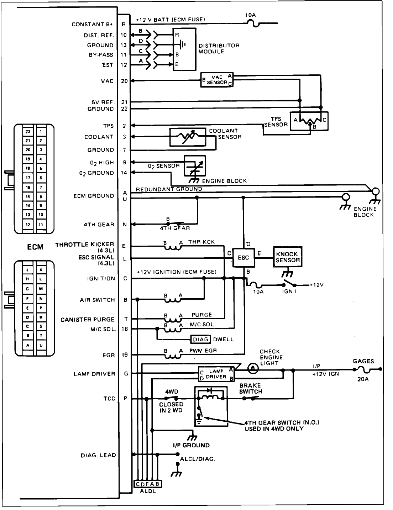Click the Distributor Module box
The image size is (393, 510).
point(184,49)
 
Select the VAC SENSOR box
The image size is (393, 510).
point(217,80)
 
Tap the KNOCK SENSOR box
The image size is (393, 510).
point(287,257)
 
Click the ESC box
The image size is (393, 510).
point(243,257)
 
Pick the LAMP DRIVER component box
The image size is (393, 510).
point(216,374)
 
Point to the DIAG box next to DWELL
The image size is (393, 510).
point(201,339)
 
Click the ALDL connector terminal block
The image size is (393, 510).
point(148,484)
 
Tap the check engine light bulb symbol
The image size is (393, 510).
point(253,369)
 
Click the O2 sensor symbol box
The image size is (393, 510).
point(194,166)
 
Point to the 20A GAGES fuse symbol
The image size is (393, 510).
point(363,369)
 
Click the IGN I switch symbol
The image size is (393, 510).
point(289,284)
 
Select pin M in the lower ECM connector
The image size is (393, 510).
point(41,289)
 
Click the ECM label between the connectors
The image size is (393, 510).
point(35,247)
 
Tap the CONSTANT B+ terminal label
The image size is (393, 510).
point(92,25)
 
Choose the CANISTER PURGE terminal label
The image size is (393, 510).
point(87,320)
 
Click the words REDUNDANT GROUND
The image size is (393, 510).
point(169,189)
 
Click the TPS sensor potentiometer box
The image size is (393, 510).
point(309,121)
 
